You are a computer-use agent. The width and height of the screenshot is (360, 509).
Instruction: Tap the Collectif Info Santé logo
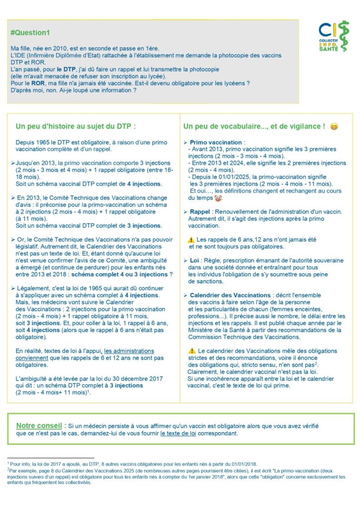pos(334,36)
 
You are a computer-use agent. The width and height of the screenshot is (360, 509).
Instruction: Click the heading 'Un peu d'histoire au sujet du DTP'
pos(76,126)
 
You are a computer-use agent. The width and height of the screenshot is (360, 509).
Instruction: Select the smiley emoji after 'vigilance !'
pos(334,126)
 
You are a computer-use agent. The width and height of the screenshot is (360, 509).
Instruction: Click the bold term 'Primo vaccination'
pos(216,142)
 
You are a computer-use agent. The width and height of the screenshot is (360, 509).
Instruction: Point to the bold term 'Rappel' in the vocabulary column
pos(200,211)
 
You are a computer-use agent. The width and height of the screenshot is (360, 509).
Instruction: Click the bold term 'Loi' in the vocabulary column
pos(194,260)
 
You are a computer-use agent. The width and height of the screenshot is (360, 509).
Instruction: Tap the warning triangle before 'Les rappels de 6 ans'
pos(190,239)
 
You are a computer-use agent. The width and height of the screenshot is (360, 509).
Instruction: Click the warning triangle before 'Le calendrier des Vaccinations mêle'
pos(192,351)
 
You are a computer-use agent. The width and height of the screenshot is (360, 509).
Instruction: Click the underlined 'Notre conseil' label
pos(39,425)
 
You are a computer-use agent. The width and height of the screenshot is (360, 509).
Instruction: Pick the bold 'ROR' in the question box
pos(33,83)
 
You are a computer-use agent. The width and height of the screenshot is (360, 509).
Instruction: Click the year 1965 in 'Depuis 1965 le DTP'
pos(42,142)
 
